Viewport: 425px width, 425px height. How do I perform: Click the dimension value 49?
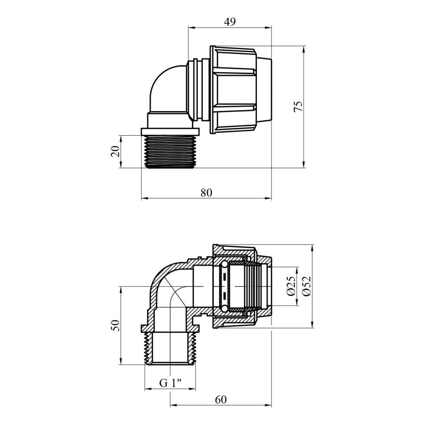(x=230, y=21)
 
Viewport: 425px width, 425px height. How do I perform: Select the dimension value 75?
(x=298, y=106)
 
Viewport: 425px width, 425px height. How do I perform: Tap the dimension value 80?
(x=207, y=193)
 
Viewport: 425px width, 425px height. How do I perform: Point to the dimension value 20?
(x=115, y=152)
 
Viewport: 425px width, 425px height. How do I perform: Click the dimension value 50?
(x=115, y=325)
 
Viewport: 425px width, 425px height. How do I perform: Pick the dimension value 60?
(x=221, y=399)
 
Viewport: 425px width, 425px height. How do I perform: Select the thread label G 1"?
(x=170, y=383)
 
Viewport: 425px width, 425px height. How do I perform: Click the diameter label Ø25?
(x=290, y=286)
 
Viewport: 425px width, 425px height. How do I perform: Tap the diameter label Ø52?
(x=307, y=286)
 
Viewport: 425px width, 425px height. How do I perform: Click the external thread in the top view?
(x=170, y=152)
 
